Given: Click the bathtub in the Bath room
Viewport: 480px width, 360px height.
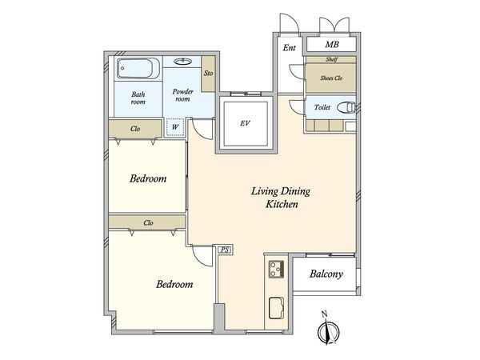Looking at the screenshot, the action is click(x=138, y=68).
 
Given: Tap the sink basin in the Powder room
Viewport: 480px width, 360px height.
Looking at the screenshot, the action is click(x=182, y=62).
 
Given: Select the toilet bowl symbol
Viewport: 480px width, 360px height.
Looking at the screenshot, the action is click(x=346, y=108).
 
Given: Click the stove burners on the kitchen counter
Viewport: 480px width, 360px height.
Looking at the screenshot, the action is click(x=276, y=270).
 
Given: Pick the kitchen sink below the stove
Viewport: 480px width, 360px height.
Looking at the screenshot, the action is click(x=276, y=308).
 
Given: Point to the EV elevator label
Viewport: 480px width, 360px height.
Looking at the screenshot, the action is click(x=245, y=123).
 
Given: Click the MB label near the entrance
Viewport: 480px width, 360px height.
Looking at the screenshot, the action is click(x=332, y=45).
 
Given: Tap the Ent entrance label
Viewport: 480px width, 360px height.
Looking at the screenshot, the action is click(x=289, y=48).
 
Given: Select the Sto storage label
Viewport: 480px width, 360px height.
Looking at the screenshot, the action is click(x=208, y=73).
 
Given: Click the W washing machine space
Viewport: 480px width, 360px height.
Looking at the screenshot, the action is click(x=174, y=127).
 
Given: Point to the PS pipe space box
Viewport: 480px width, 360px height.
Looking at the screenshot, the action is click(x=225, y=250).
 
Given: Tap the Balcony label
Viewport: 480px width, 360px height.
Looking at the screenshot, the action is click(x=326, y=274).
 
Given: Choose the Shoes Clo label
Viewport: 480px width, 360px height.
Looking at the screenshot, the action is click(x=331, y=78).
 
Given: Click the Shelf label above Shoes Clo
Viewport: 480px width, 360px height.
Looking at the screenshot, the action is click(x=331, y=59).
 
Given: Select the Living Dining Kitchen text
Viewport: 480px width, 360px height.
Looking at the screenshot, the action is click(x=281, y=198).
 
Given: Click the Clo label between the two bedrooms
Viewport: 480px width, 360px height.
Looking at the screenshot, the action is click(x=148, y=223).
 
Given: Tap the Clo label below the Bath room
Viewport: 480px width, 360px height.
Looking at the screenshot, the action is click(x=135, y=129).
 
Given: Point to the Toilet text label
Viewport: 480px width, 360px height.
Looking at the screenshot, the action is click(x=322, y=107).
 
